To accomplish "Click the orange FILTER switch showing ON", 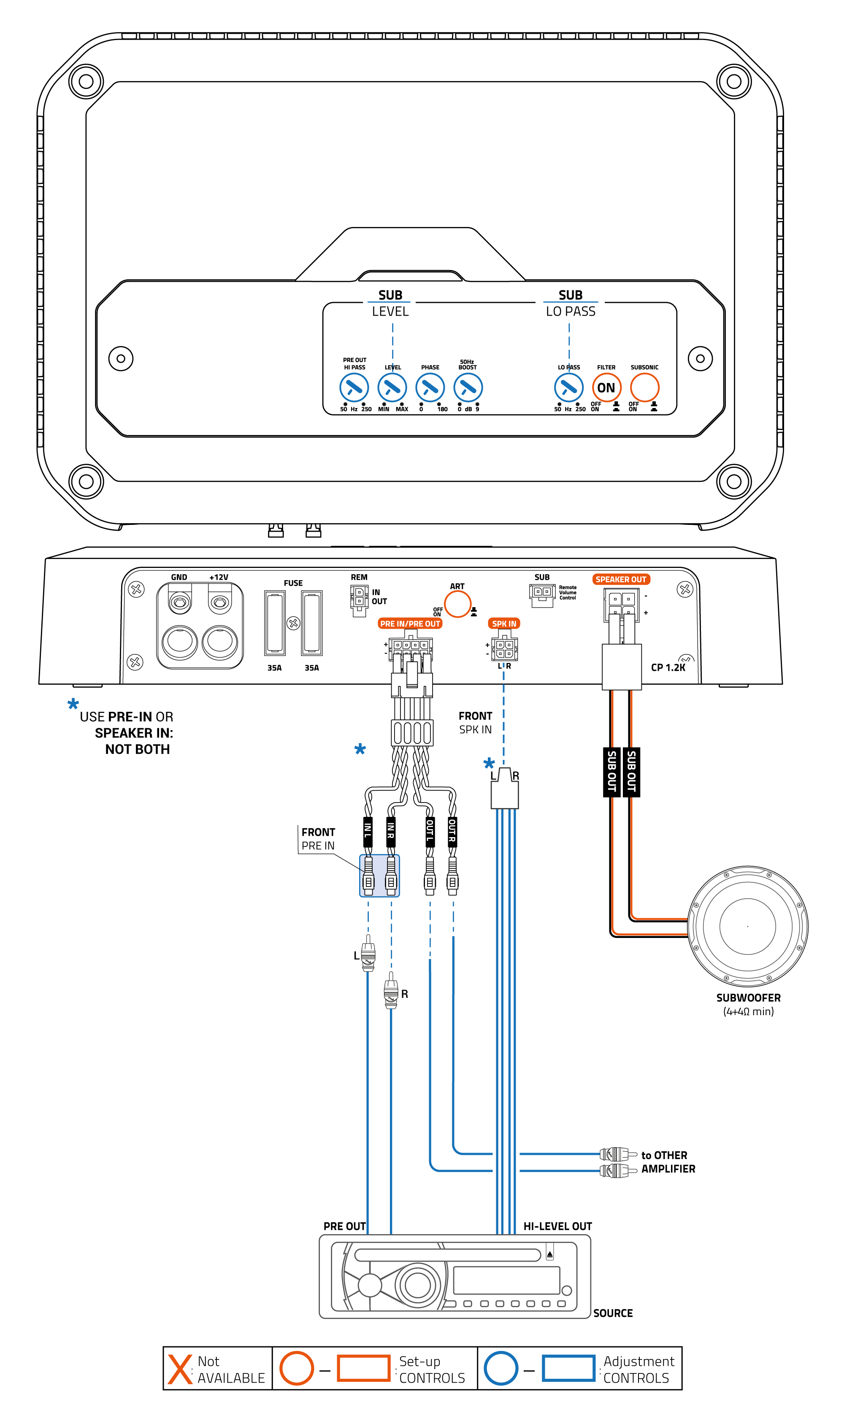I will point(606,388).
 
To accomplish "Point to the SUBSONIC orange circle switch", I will point(644,388).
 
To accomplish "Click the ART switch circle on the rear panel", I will point(457,604).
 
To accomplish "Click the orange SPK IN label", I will point(504,624).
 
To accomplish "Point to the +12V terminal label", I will point(219,577).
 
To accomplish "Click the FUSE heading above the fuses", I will point(293,583).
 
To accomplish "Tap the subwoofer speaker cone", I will point(747,926).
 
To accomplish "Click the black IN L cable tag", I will point(368,831).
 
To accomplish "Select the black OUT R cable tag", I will point(452,831).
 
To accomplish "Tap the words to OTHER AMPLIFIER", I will point(668,1162).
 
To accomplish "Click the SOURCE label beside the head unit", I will point(612,1313).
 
